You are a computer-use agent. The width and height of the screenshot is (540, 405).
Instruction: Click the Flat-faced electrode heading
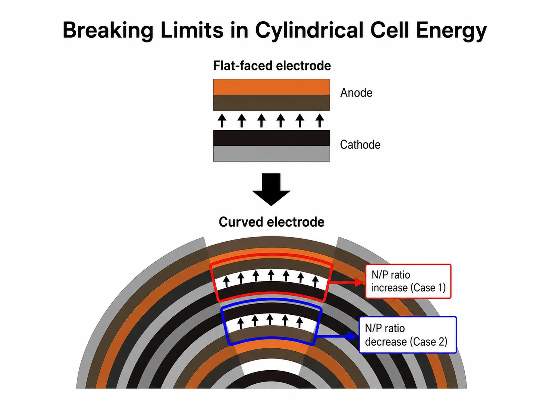(x=272, y=66)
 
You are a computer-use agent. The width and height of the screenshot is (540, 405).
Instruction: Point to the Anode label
(x=356, y=93)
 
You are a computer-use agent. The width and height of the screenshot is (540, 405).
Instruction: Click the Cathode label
(x=360, y=145)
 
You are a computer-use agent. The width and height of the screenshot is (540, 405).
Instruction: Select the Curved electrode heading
(x=271, y=222)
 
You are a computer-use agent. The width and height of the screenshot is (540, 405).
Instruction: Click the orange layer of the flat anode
(x=271, y=87)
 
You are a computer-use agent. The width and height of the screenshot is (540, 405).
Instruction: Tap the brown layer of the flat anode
(x=271, y=103)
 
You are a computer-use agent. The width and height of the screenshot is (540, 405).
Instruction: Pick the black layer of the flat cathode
(x=271, y=138)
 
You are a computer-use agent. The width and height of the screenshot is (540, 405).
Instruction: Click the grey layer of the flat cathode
(x=271, y=154)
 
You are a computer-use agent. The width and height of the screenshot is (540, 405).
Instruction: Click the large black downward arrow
(x=271, y=189)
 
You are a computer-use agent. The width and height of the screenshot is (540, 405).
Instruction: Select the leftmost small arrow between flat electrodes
(x=222, y=120)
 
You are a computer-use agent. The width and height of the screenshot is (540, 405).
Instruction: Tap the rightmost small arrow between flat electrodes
(x=320, y=120)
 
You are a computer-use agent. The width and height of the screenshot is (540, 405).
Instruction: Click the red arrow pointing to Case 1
(x=347, y=282)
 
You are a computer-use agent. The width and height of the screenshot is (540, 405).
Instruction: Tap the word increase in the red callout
(x=389, y=288)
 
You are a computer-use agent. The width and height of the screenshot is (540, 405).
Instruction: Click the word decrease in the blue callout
(x=386, y=342)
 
